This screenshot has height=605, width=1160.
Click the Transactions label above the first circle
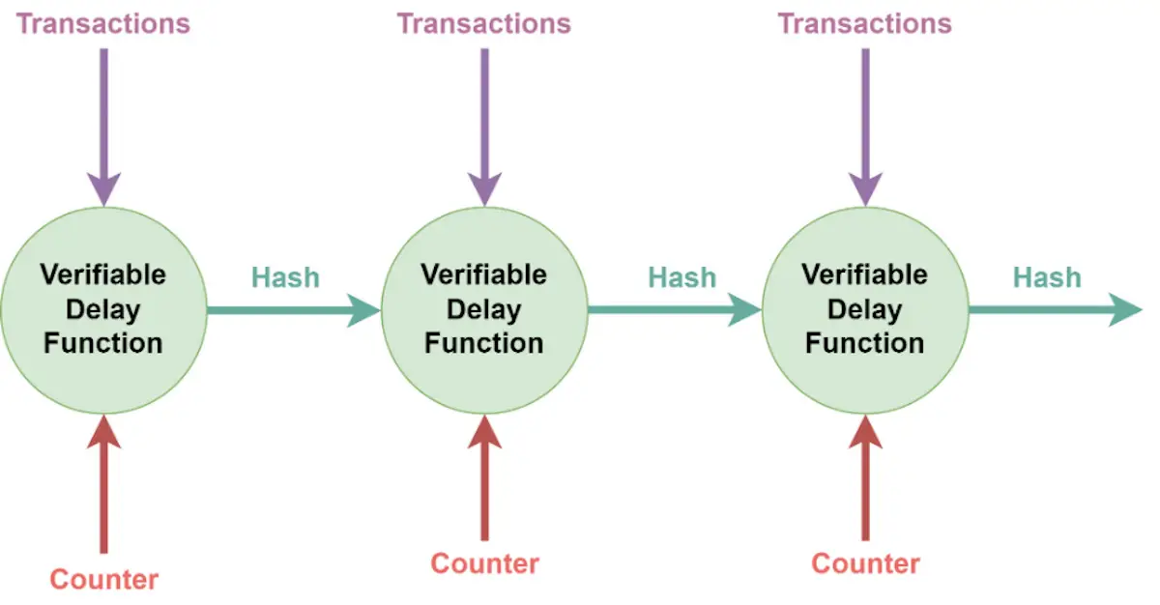pos(103,23)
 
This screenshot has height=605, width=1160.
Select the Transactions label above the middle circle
pos(484,23)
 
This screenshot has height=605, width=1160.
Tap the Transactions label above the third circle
pos(864,23)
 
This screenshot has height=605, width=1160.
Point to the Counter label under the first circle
pos(103,579)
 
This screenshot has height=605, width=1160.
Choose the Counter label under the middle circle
pos(484,562)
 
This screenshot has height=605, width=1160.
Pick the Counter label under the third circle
pos(865,562)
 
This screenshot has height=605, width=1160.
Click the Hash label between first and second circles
pos(285,277)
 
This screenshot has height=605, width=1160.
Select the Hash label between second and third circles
pos(682,277)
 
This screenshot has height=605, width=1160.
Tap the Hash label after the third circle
pos(1047,277)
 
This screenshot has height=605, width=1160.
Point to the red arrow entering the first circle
pos(103,483)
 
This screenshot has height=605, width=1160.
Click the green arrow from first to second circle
pos(290,310)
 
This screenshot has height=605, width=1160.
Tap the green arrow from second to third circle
pos(672,310)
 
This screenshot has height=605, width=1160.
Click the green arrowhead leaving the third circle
pos(1124,310)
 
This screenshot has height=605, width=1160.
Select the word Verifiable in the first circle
pos(103,274)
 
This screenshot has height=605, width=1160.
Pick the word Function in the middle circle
pos(484,343)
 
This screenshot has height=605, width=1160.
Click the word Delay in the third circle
pos(865,309)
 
